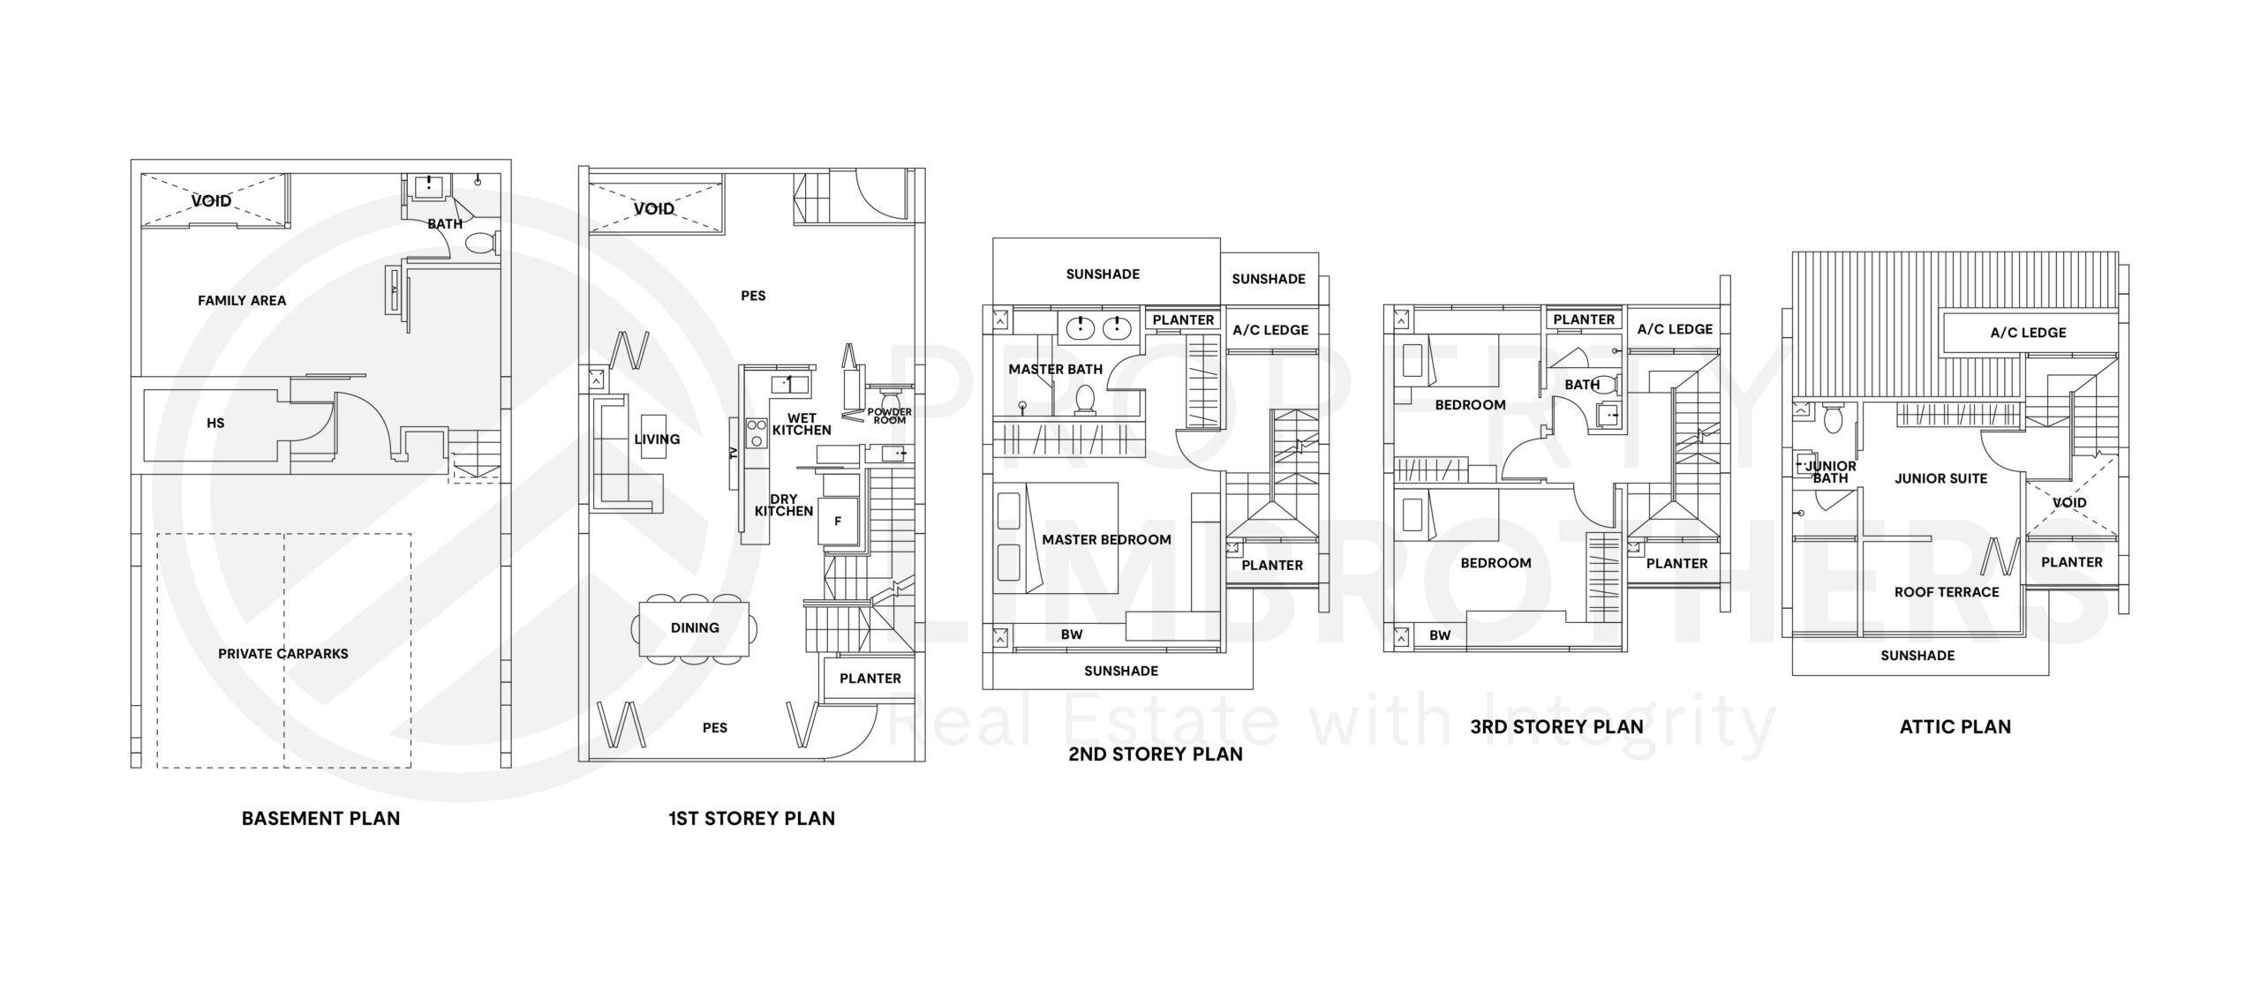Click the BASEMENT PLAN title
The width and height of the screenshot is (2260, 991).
click(320, 818)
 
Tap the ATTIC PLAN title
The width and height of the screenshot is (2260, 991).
click(1955, 727)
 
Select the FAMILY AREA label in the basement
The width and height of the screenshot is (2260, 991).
click(242, 301)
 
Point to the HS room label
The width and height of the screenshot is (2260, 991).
click(215, 424)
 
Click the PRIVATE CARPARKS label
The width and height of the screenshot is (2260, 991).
click(282, 654)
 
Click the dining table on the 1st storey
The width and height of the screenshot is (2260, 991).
click(694, 628)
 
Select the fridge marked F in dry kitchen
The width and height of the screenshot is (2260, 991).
click(837, 521)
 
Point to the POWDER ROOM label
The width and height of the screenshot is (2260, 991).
click(889, 416)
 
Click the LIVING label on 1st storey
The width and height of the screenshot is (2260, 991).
click(657, 439)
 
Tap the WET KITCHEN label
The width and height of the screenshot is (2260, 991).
click(802, 424)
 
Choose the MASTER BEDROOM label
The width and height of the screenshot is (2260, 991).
click(1106, 540)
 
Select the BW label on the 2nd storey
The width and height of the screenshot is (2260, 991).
click(1071, 634)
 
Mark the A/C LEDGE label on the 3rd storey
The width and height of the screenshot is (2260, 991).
click(1675, 329)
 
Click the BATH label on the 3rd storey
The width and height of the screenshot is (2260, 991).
click(1581, 385)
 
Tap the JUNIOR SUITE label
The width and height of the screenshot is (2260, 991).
click(1940, 479)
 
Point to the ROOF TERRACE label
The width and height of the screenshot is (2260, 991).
click(1947, 592)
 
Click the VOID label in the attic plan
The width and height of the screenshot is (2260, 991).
click(2069, 503)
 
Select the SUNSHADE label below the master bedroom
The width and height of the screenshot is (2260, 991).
click(1120, 672)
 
